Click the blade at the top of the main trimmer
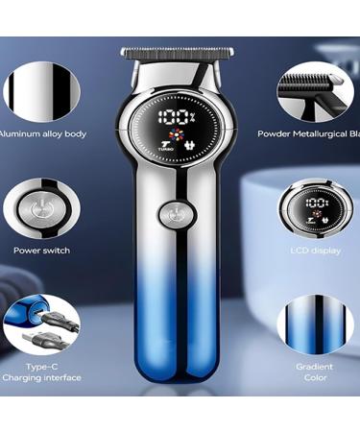coord(173,52)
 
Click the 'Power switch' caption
coord(41,251)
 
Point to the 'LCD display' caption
coord(314,251)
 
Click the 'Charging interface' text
coord(41,378)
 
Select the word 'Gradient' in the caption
coord(315,367)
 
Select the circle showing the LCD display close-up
coord(314,205)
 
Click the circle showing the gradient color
coord(315,324)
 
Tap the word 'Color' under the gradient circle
coord(315,378)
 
